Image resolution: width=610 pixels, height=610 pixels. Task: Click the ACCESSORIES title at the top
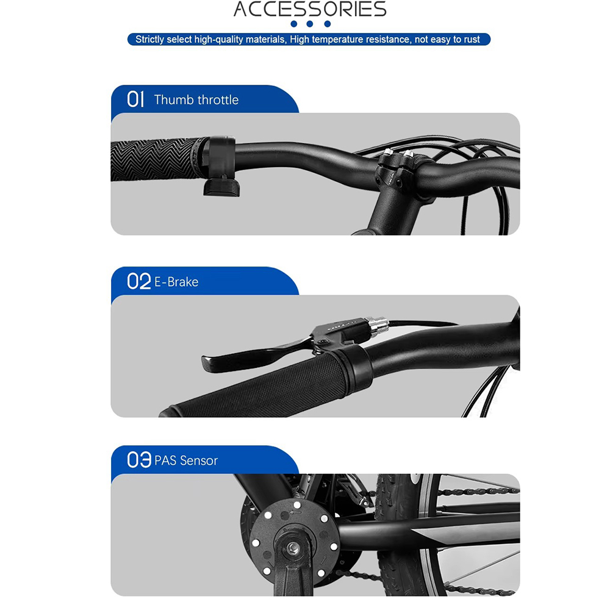pyautogui.click(x=310, y=9)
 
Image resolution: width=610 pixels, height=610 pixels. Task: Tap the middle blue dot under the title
pyautogui.click(x=310, y=24)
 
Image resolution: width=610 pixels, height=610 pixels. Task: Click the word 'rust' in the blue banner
pyautogui.click(x=472, y=39)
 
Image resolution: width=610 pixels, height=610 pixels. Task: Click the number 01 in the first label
pyautogui.click(x=135, y=99)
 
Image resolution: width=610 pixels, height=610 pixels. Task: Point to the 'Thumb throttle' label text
pyautogui.click(x=196, y=100)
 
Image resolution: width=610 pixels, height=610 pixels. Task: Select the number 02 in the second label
pyautogui.click(x=138, y=281)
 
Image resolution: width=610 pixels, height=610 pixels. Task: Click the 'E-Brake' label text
pyautogui.click(x=176, y=282)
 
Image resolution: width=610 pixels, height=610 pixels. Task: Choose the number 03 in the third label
pyautogui.click(x=139, y=460)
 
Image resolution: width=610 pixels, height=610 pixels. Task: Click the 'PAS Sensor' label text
pyautogui.click(x=186, y=461)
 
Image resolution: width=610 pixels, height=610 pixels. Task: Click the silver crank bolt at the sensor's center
pyautogui.click(x=293, y=549)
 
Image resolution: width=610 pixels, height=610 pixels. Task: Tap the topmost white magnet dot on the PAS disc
pyautogui.click(x=297, y=505)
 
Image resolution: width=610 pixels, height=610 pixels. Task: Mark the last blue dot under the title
pyautogui.click(x=328, y=24)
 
